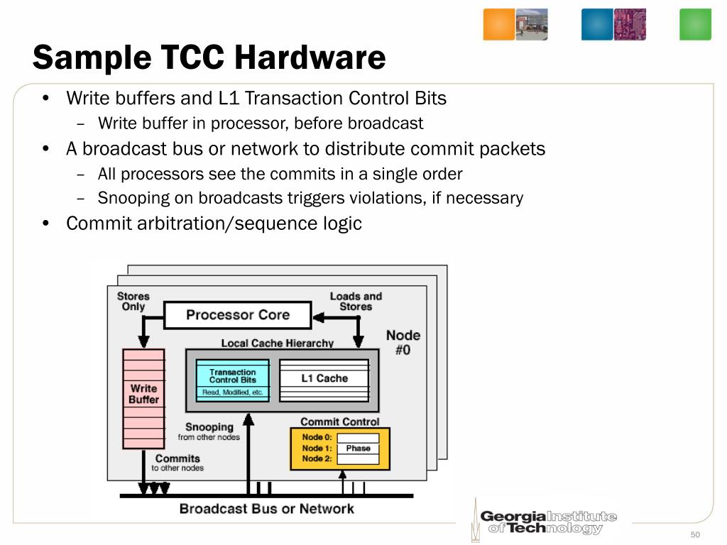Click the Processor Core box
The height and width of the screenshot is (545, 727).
237,315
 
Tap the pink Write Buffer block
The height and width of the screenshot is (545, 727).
143,398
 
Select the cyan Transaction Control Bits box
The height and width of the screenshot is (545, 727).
232,380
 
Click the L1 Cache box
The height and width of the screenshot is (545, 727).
324,379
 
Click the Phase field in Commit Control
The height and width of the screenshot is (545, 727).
358,448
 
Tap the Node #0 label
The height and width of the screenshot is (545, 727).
403,342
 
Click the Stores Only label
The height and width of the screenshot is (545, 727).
133,302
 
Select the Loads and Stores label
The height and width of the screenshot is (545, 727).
356,302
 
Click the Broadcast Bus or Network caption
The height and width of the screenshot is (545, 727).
266,509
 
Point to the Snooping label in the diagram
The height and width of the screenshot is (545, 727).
209,427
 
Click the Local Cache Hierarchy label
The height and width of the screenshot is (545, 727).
277,343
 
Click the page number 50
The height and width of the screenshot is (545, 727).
695,534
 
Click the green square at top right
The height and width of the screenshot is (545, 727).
695,24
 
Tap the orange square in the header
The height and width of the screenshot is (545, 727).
498,24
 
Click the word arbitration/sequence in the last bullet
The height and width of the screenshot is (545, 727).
234,224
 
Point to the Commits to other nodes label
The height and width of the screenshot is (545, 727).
177,463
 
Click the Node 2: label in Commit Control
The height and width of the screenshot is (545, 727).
317,459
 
